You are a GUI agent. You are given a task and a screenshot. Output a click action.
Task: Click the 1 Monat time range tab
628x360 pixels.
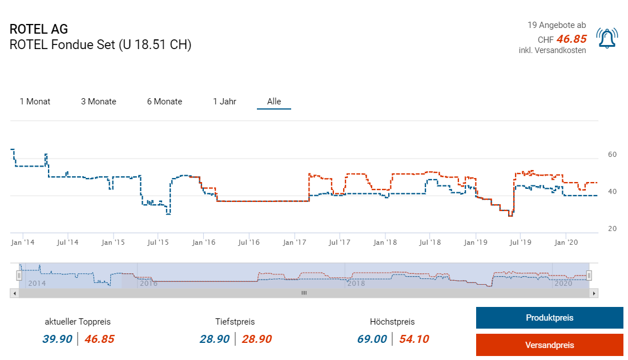click(35, 102)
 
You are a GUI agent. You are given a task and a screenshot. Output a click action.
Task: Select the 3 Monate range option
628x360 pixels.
click(98, 102)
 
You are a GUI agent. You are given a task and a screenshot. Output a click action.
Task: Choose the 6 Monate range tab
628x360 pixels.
click(164, 102)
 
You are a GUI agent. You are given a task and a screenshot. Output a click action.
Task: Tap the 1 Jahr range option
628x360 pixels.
click(224, 102)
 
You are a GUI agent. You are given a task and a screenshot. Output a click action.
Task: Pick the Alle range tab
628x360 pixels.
click(274, 102)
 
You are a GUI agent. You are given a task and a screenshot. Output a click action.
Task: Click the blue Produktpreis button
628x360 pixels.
click(549, 318)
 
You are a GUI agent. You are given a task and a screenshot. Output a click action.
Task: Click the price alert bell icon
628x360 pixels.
click(607, 38)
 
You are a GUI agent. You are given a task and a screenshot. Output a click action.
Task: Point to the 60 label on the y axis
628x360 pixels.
click(612, 155)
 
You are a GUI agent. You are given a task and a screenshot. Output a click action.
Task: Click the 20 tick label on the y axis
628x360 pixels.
click(612, 229)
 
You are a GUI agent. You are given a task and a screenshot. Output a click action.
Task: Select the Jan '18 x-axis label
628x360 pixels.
click(385, 242)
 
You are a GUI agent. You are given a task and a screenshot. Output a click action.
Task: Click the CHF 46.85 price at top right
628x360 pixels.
click(571, 39)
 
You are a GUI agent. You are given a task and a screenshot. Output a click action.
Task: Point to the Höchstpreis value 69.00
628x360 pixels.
click(372, 339)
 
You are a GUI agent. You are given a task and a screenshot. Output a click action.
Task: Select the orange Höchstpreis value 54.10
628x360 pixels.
click(414, 339)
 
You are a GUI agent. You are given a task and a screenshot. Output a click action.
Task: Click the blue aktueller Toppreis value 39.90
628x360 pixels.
click(57, 339)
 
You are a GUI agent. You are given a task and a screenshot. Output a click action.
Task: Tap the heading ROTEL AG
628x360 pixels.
click(39, 30)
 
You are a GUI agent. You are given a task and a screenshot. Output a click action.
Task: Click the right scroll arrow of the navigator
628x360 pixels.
click(594, 293)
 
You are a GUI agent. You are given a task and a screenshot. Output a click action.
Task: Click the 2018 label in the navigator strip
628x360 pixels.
click(356, 283)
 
